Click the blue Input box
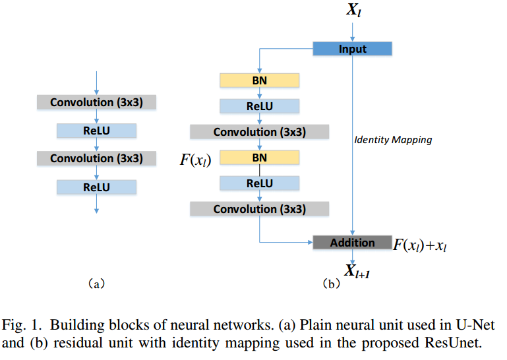(x=353, y=49)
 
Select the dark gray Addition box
(x=352, y=243)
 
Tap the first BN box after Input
(x=259, y=80)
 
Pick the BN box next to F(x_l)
(x=259, y=158)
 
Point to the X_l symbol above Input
(x=353, y=11)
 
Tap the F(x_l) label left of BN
(x=195, y=160)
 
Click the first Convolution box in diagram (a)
(x=96, y=102)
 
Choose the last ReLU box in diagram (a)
(x=96, y=187)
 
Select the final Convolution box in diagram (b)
(x=259, y=210)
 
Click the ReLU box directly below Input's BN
(x=259, y=106)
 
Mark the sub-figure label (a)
(x=96, y=285)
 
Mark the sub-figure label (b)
(x=330, y=285)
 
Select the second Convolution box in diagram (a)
(x=96, y=158)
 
